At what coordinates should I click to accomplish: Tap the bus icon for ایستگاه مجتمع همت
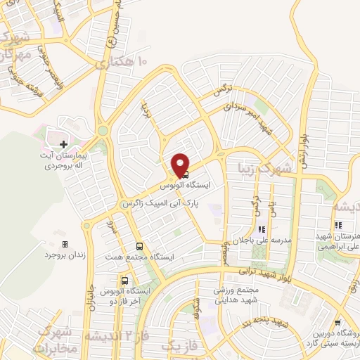pyautogui.click(x=139, y=246)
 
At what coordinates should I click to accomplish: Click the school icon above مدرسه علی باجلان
pyautogui.click(x=262, y=229)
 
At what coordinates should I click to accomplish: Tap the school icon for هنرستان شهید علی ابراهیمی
pyautogui.click(x=338, y=226)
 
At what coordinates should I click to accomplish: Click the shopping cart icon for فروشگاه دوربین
pyautogui.click(x=338, y=322)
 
